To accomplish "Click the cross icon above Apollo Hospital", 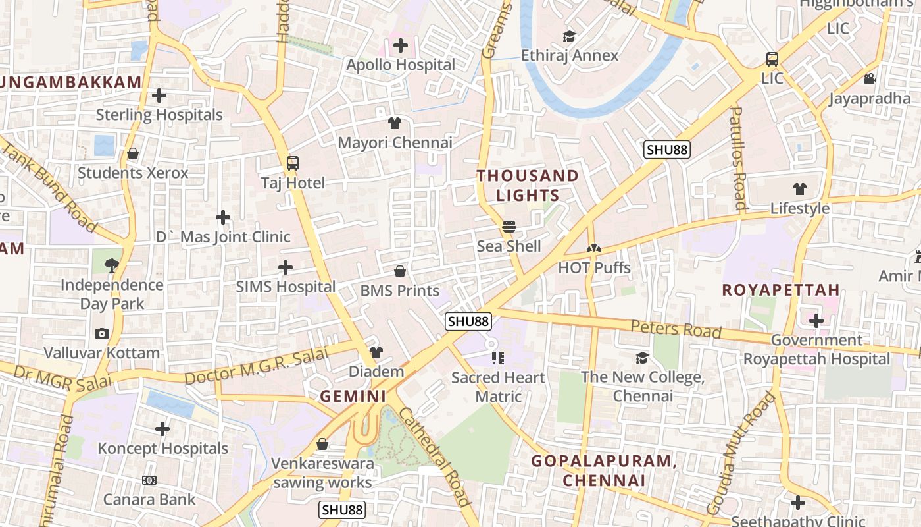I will click(400, 46).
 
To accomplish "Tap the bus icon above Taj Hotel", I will click(293, 163).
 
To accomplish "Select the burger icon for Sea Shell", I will click(509, 227).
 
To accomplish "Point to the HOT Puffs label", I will click(594, 268).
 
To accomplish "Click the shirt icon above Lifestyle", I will click(799, 189).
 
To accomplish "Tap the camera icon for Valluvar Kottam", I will click(101, 333).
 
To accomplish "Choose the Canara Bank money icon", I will click(149, 480).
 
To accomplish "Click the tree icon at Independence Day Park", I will click(112, 265).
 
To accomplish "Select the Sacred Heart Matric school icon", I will click(498, 358).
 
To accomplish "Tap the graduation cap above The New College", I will click(642, 358).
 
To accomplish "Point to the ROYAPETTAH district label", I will click(780, 290).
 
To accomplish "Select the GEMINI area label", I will click(353, 397).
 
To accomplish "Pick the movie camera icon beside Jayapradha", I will click(870, 79).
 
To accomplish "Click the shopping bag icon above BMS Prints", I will click(399, 271).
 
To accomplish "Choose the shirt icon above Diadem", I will click(376, 352).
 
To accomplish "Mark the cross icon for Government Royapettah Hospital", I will click(816, 321).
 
